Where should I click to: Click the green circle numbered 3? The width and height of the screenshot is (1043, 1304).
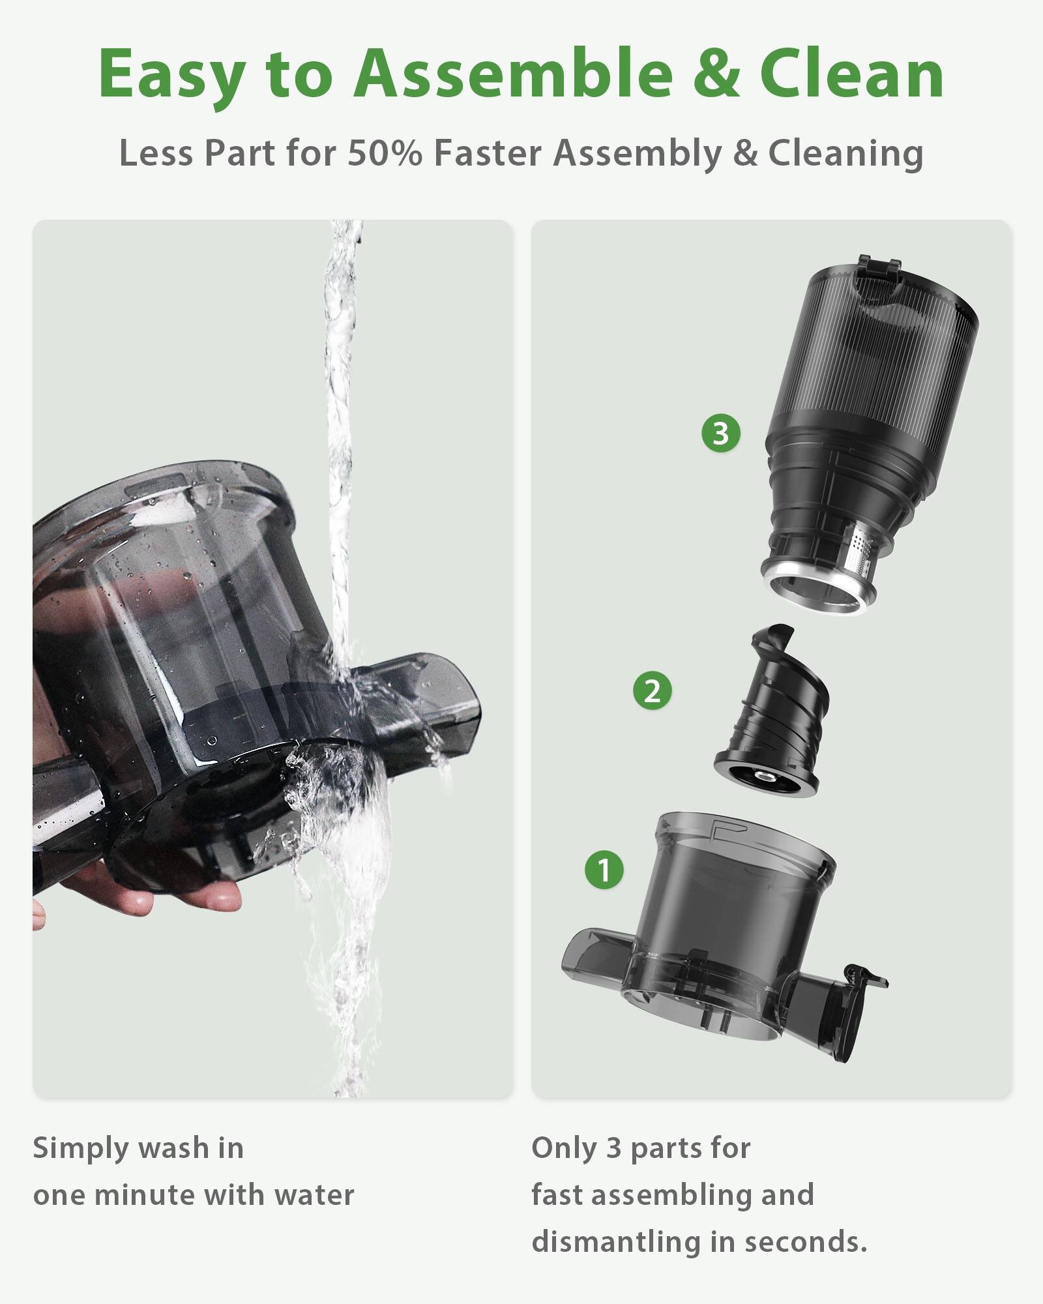pyautogui.click(x=720, y=433)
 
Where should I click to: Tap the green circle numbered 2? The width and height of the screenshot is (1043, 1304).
pyautogui.click(x=652, y=690)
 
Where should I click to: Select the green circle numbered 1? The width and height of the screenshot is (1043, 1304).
pyautogui.click(x=604, y=870)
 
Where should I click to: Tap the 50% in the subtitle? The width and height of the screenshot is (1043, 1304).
pyautogui.click(x=384, y=154)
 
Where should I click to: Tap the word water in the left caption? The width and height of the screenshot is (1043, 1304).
pyautogui.click(x=314, y=1196)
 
